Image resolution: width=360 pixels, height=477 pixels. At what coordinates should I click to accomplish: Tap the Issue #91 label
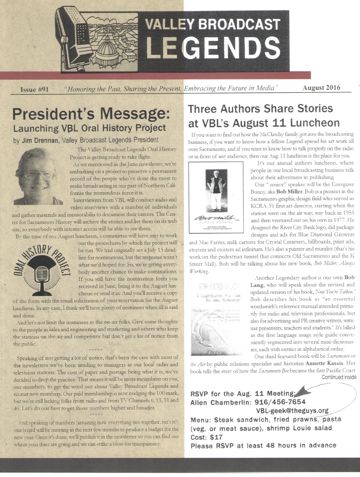click(x=34, y=89)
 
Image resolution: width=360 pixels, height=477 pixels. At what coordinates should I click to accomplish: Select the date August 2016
click(x=321, y=88)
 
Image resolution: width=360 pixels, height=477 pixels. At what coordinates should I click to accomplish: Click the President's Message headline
click(x=91, y=114)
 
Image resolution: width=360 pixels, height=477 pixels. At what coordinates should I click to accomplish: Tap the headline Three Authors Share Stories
click(x=260, y=108)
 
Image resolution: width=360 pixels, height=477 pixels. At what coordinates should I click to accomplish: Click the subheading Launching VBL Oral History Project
click(x=89, y=128)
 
